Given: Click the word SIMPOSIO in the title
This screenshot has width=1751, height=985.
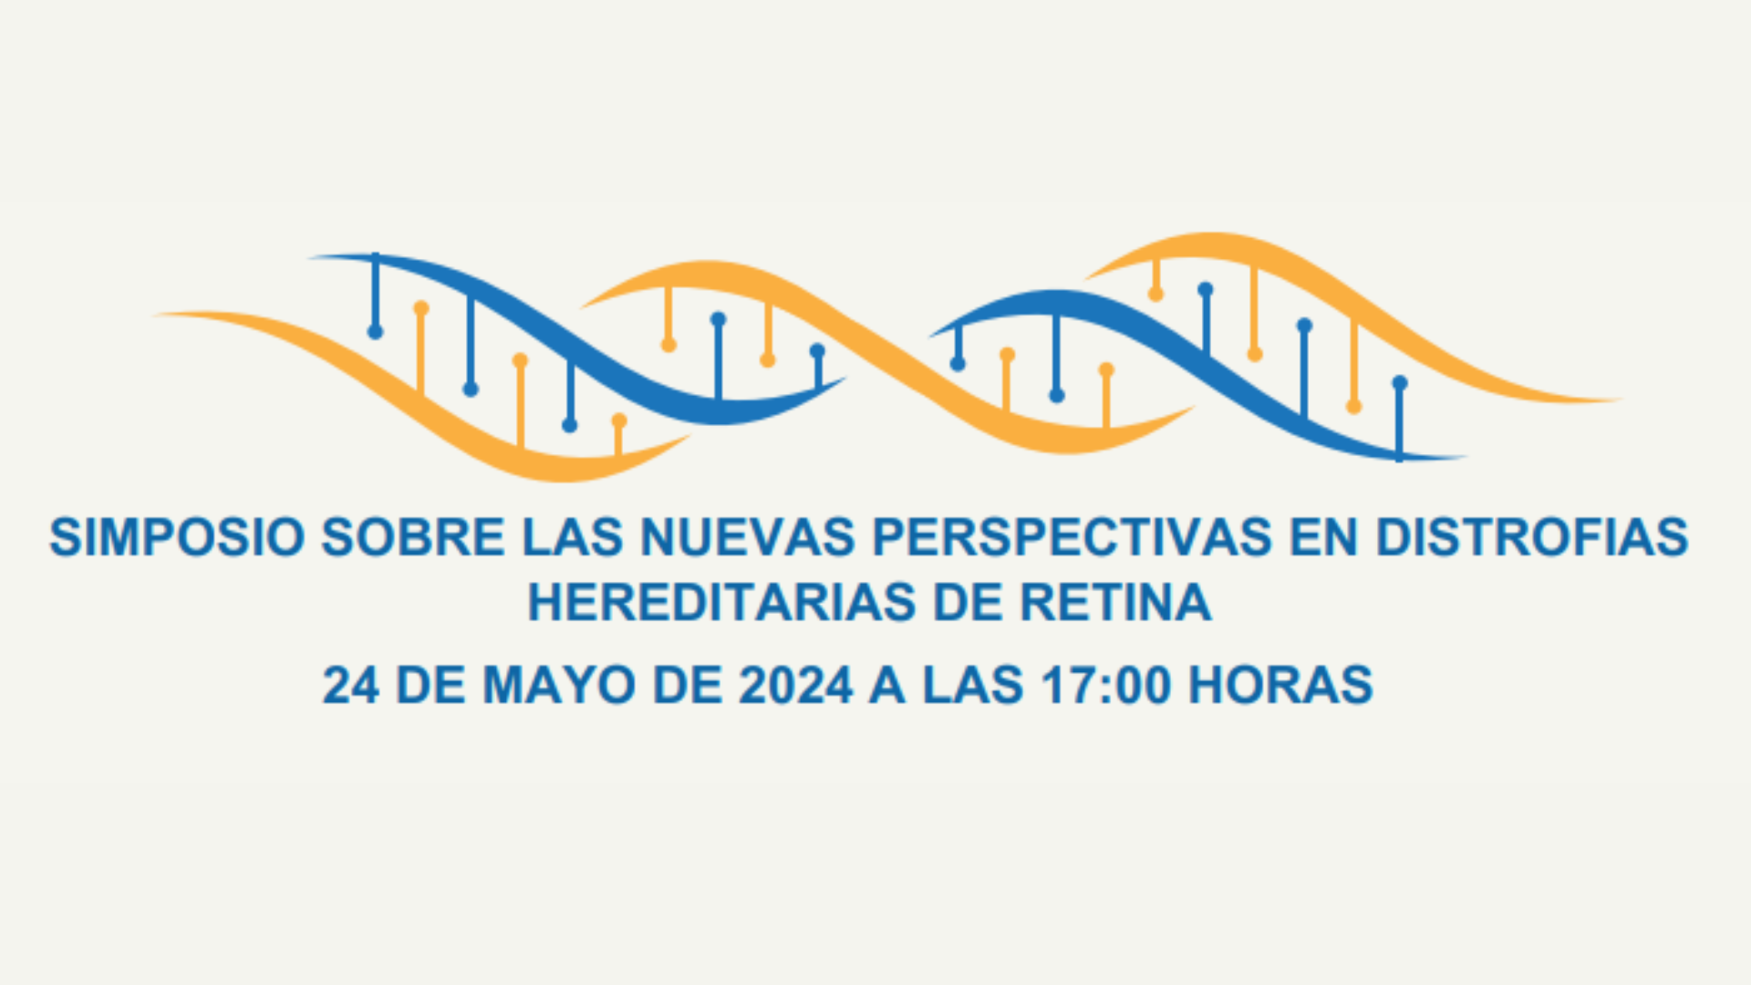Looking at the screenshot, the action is [x=176, y=536].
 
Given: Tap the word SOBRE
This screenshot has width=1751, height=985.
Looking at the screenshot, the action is [x=412, y=536].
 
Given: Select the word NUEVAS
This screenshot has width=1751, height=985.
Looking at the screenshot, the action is [x=748, y=536].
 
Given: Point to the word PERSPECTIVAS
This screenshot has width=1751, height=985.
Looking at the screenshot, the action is [x=1072, y=536].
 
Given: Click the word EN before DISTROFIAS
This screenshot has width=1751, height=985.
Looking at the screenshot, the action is [x=1323, y=536].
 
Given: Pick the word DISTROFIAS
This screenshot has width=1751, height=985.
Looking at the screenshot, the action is [x=1532, y=536].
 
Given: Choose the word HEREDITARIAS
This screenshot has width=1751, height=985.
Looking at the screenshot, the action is [x=721, y=603].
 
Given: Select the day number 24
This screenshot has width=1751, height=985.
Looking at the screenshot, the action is [x=351, y=685].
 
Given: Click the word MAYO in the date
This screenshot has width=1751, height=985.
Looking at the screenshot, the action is [x=558, y=685].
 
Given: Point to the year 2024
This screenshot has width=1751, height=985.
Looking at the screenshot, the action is [x=795, y=685].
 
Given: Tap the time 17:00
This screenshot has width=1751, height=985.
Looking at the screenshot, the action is [x=1105, y=685].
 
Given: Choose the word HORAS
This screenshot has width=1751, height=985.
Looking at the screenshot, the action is [x=1280, y=685].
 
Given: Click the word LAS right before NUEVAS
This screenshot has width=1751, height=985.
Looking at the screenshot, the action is [x=572, y=536].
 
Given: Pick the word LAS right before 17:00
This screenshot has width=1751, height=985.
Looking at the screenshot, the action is [x=972, y=685].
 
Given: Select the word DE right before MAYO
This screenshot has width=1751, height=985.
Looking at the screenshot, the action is [x=430, y=685].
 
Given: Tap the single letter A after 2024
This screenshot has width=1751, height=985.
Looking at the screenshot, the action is [x=886, y=685].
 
